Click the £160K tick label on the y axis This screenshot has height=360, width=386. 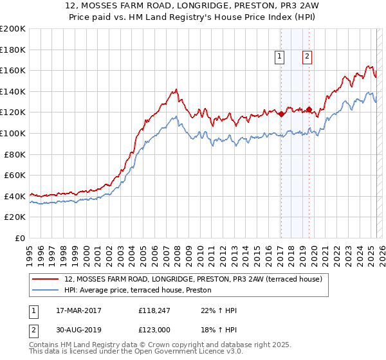point(13,70)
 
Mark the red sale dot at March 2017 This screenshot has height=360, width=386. point(281,114)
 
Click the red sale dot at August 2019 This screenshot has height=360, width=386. point(309,109)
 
